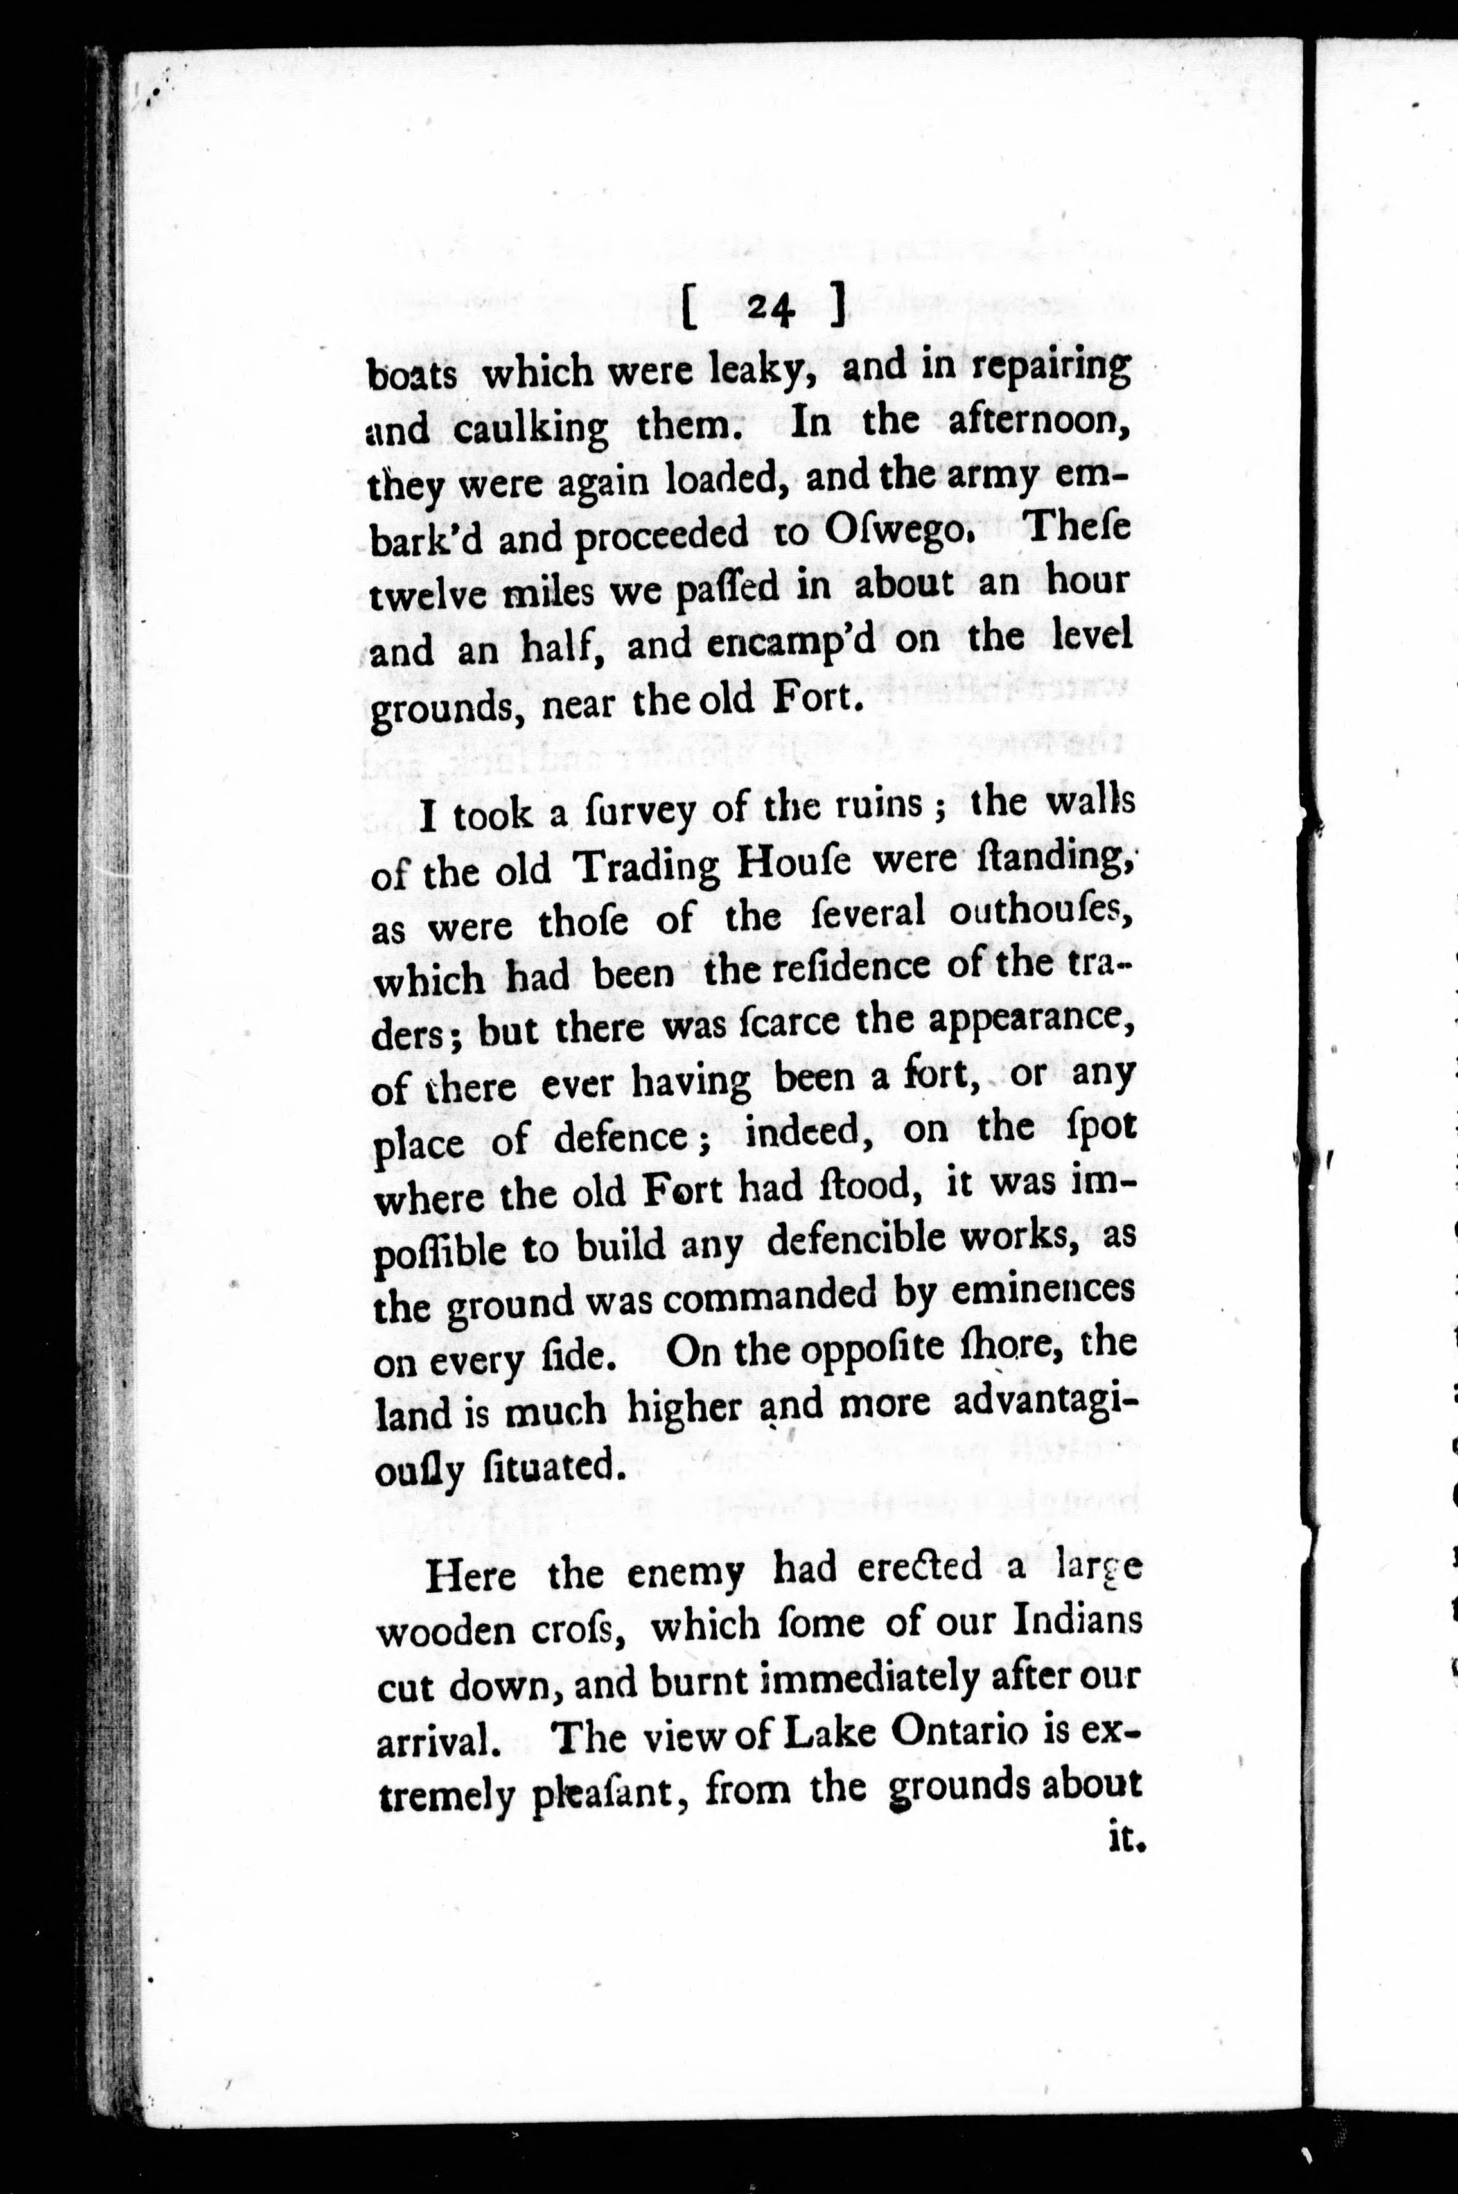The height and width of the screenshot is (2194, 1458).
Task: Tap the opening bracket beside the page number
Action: click(689, 308)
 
